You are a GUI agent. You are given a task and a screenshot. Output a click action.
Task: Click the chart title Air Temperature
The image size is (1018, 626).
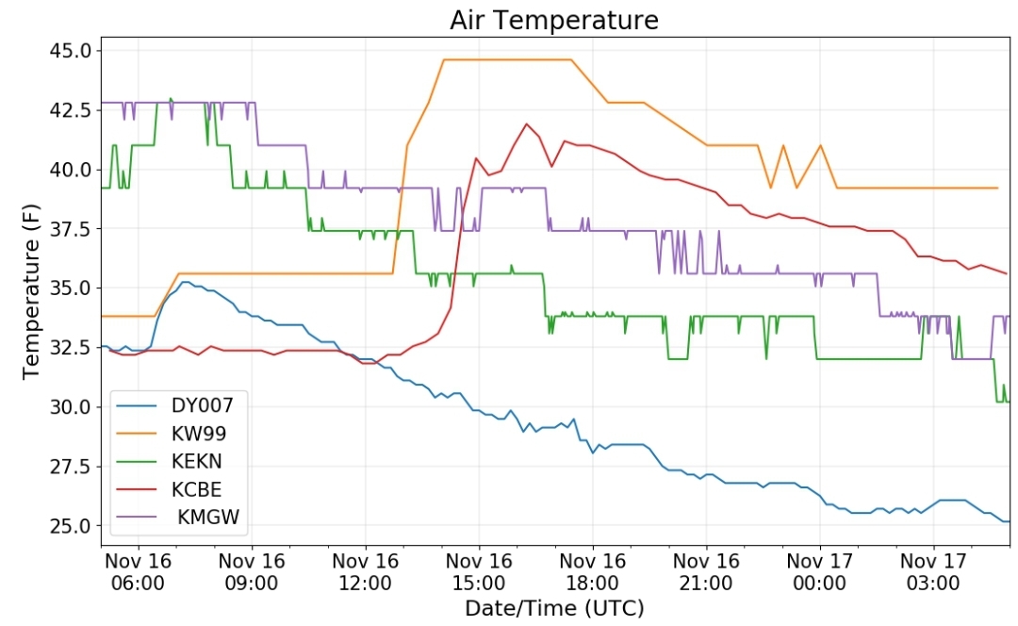pos(553,20)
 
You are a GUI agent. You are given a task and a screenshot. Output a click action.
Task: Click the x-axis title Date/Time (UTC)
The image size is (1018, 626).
pos(554,607)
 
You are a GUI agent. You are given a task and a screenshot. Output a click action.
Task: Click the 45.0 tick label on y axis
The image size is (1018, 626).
pos(73,50)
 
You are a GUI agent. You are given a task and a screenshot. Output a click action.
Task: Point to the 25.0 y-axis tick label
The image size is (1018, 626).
pos(73,525)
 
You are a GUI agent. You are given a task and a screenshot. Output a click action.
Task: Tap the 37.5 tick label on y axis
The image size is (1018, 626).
pos(73,228)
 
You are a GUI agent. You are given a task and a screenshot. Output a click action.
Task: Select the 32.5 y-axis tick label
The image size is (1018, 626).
pos(73,347)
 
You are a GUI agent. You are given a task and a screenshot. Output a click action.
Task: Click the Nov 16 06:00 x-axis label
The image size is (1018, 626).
pos(139,571)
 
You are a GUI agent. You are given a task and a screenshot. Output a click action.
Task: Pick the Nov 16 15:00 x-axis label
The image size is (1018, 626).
pos(479,571)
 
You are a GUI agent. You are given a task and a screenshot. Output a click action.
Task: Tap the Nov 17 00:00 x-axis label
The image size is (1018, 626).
pos(819,571)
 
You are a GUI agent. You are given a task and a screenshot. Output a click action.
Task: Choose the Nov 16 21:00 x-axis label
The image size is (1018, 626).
pos(706,571)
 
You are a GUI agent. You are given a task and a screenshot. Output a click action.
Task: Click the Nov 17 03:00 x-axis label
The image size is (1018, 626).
pos(933,571)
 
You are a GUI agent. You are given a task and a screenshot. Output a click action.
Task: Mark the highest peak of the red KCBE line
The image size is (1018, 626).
pos(526,124)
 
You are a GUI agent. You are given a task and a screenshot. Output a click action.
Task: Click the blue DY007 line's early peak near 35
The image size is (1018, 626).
pos(186,282)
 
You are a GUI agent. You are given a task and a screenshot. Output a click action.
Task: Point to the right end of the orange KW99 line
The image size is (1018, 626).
pos(997,188)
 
